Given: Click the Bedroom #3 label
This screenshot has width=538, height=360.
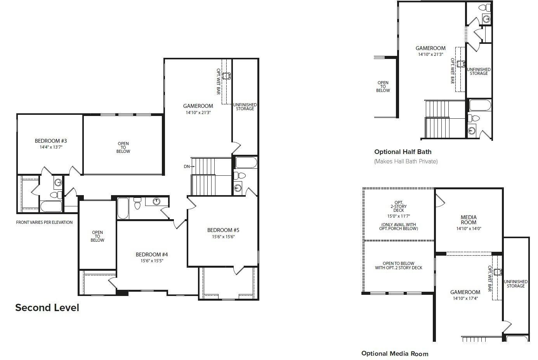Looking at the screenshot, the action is (x=51, y=141).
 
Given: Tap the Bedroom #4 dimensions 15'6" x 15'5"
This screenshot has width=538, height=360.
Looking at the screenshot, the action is (x=152, y=261).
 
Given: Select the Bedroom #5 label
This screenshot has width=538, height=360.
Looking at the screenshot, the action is (x=223, y=230).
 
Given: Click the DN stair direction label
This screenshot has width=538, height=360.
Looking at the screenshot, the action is (x=187, y=166).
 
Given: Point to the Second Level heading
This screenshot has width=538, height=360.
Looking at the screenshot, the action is (x=47, y=308).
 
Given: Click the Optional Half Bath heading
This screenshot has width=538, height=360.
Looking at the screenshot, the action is (x=403, y=152).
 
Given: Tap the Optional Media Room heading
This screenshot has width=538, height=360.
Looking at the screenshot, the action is (x=395, y=353).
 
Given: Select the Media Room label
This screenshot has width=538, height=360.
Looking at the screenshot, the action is (x=469, y=220).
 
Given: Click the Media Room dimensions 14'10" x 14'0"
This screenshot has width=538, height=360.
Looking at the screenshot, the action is (x=469, y=229).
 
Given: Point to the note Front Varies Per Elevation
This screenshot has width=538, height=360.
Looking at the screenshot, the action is (x=44, y=223).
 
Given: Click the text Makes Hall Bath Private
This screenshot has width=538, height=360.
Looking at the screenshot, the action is (x=406, y=161).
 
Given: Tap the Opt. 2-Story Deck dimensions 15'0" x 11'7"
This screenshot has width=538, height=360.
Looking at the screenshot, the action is (x=399, y=216).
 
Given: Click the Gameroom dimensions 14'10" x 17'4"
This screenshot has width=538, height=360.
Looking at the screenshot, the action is (x=465, y=298).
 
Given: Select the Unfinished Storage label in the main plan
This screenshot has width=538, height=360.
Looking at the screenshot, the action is (x=245, y=107).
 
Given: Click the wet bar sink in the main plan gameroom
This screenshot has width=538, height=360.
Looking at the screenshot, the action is (x=226, y=76).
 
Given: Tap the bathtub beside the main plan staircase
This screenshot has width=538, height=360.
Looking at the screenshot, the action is (x=246, y=163).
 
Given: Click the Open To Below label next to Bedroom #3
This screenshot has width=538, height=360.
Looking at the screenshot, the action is (x=123, y=147).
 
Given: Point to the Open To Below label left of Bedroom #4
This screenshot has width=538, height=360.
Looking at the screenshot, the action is (x=97, y=236).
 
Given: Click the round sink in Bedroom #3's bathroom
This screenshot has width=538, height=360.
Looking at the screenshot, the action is (x=58, y=183).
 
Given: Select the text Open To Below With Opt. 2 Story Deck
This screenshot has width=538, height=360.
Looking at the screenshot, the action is (x=399, y=265).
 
